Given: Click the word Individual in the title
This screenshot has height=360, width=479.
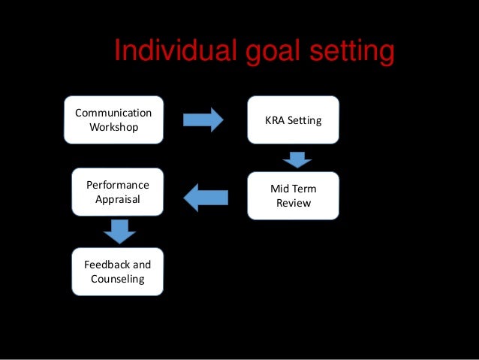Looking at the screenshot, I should click(x=176, y=53).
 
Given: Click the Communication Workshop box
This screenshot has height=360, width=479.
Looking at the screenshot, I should click(x=113, y=120).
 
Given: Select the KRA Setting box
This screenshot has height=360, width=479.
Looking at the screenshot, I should click(x=293, y=120).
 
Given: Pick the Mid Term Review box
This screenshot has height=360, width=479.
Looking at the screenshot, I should click(x=293, y=195).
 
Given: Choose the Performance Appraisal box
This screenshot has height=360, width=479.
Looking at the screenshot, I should click(x=117, y=192).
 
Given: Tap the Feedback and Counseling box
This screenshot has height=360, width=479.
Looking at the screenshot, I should click(x=117, y=271).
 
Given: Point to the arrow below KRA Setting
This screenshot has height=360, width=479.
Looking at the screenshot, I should click(x=297, y=159).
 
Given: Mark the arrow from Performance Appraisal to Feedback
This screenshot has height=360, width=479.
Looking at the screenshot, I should click(x=118, y=231).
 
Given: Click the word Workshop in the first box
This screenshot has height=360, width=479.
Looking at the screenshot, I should click(x=114, y=127).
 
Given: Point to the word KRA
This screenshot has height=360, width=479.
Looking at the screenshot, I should click(x=276, y=120).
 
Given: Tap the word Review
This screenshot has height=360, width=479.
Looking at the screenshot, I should click(x=294, y=203).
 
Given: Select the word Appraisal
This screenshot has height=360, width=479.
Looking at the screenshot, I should click(x=117, y=200).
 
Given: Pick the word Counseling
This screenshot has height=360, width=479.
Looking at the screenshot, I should click(x=117, y=280).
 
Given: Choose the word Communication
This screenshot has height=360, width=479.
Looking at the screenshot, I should click(x=113, y=113).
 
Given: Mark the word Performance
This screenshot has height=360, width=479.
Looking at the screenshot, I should click(x=118, y=185).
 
